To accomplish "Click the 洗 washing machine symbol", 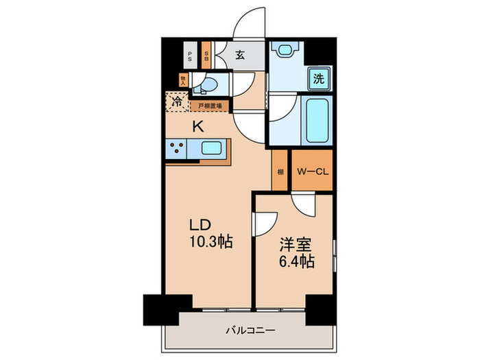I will tap(318, 78).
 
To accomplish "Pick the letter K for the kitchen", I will tap(197, 126).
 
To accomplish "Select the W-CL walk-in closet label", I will tap(313, 171).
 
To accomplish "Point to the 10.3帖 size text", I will tap(209, 241).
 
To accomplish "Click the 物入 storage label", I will tap(183, 81).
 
